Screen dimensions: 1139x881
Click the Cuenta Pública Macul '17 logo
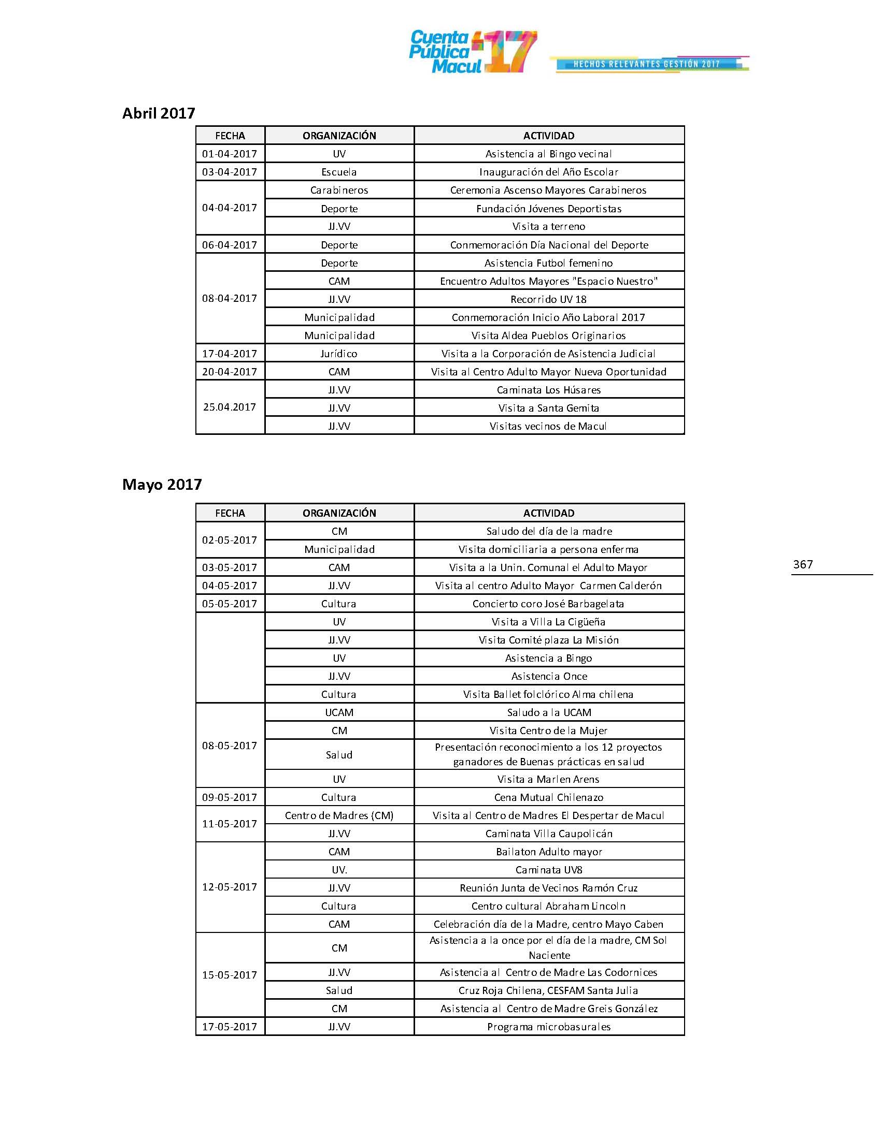(x=472, y=52)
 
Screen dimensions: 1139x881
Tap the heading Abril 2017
(x=159, y=113)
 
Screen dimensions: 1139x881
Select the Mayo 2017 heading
(x=162, y=485)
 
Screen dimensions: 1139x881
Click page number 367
(x=803, y=564)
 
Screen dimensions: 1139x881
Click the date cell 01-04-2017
(x=230, y=154)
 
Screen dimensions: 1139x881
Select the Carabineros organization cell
(x=339, y=191)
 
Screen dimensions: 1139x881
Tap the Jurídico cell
(x=339, y=354)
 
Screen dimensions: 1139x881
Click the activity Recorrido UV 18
(x=548, y=299)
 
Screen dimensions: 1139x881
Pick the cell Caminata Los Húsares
(x=548, y=390)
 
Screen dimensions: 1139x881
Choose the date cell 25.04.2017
(x=230, y=407)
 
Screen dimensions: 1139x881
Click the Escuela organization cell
(x=339, y=172)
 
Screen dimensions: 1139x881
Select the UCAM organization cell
(x=339, y=712)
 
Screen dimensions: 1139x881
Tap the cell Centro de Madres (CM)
(x=339, y=815)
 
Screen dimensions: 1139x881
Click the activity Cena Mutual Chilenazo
(x=548, y=797)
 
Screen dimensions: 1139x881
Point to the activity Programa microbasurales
(x=548, y=1027)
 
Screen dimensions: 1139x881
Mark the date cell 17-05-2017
(x=230, y=1027)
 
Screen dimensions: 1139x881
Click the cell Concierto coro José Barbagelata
(x=548, y=604)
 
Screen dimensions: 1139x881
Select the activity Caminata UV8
(x=548, y=870)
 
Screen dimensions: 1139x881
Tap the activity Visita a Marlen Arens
(x=548, y=779)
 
